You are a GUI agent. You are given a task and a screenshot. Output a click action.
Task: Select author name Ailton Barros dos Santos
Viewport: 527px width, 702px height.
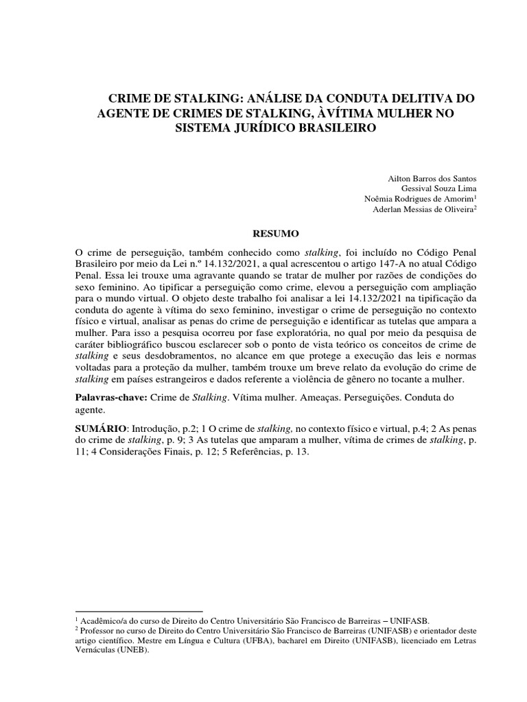pyautogui.click(x=432, y=178)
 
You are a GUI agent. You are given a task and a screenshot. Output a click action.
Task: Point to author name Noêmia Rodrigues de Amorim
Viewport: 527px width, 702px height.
pyautogui.click(x=419, y=199)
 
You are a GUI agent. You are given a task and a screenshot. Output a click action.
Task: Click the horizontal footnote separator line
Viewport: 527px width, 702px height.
pyautogui.click(x=138, y=610)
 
